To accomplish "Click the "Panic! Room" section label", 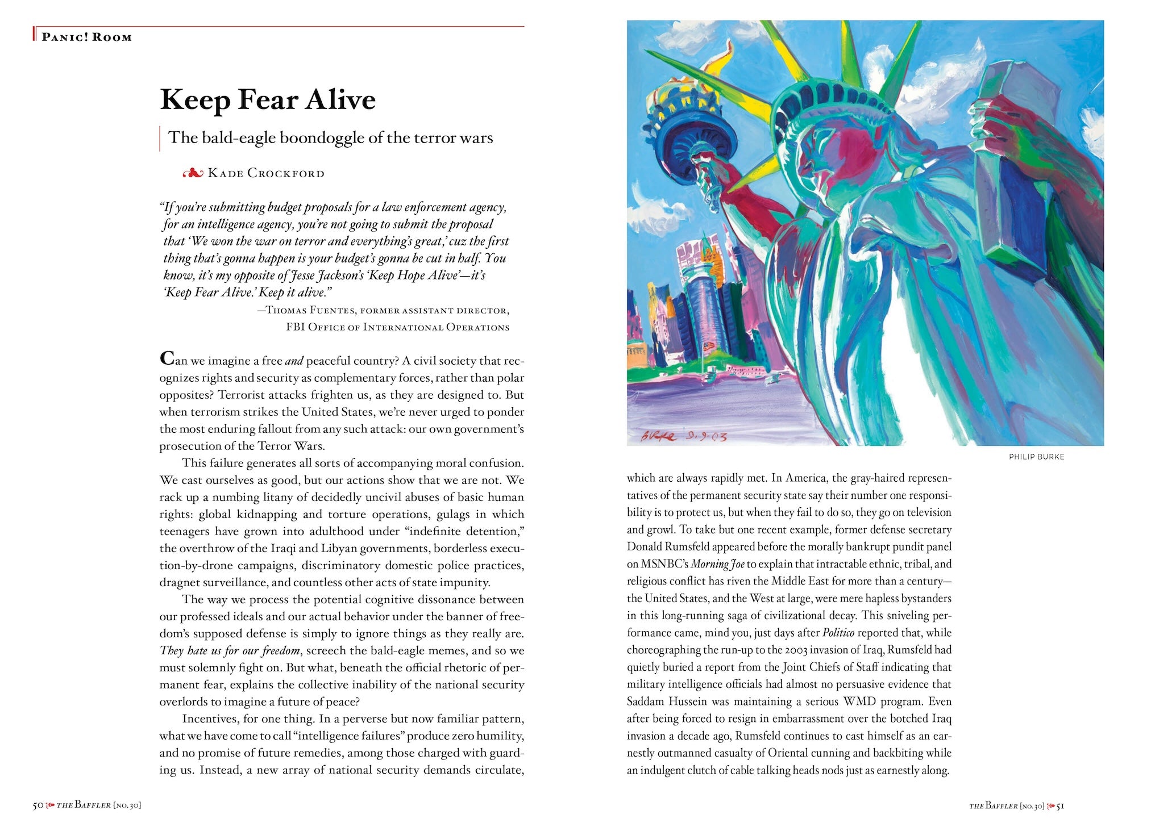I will coord(86,37).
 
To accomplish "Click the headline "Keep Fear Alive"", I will coord(268,100).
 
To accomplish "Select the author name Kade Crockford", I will coord(266,173).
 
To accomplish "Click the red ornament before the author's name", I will coord(193,173).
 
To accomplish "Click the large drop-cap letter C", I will coord(167,358).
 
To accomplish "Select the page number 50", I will coord(38,805).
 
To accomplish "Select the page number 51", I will coord(1060,805).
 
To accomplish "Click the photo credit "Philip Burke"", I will coord(1036,457).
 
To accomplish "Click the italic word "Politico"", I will coord(838,633).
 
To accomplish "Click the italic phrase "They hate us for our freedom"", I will coord(230,651).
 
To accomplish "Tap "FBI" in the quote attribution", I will coord(296,327).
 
